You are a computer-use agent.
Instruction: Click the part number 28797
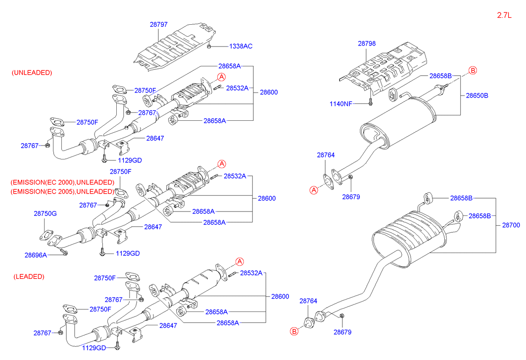pos(160,24)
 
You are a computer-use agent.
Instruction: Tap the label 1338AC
pos(240,46)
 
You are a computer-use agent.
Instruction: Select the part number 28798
pos(367,44)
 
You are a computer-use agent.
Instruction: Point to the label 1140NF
pos(341,104)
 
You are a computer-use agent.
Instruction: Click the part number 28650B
pos(477,95)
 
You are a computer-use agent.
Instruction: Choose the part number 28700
pos(511,225)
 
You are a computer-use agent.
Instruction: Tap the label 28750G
pos(46,213)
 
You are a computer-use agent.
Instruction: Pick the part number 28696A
pos(36,255)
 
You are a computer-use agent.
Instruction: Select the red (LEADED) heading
pos(29,276)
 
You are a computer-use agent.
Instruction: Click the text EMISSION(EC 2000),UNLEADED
pos(62,182)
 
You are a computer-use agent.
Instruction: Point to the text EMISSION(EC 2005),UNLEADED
pos(62,191)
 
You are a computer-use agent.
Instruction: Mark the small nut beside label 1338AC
pos(209,46)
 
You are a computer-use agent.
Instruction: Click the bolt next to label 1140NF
pos(370,103)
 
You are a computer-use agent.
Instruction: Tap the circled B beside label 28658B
pos(472,71)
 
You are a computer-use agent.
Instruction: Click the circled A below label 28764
pos(314,190)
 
